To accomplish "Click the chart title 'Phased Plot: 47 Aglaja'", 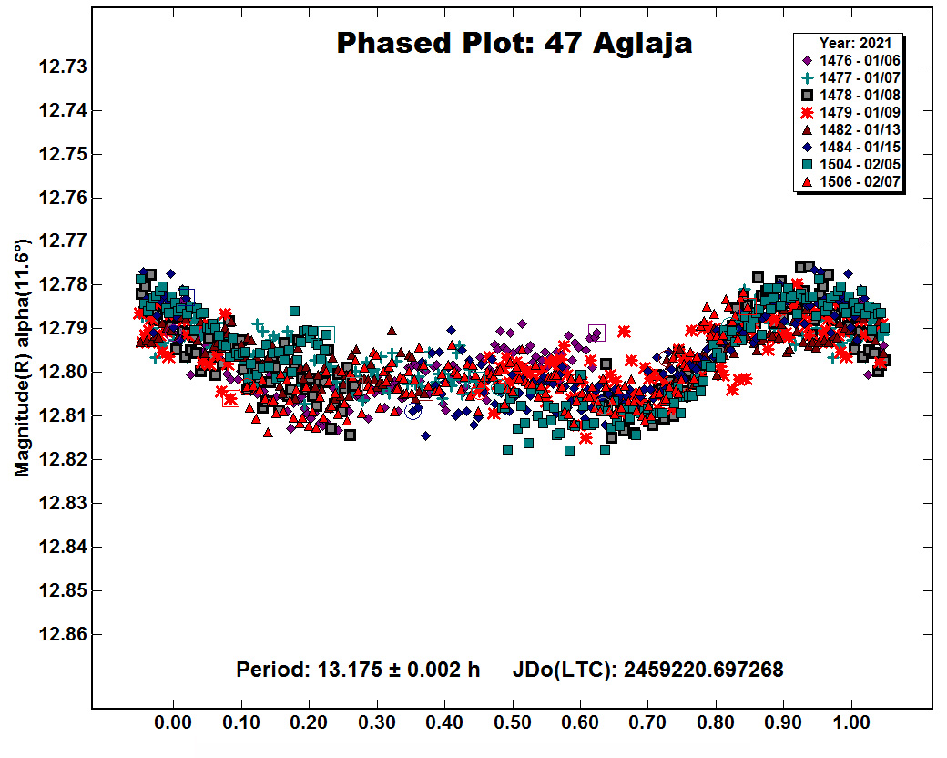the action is coord(514,44).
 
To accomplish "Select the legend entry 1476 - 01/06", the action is coord(850,60).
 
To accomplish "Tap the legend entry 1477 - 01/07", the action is coord(850,78).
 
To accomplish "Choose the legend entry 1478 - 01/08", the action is coord(850,95).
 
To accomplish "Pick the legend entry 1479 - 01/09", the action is coord(850,112).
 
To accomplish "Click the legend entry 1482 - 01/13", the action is coord(850,130).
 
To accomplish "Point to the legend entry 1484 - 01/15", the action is coord(850,147).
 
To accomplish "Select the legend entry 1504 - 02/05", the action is coord(850,164).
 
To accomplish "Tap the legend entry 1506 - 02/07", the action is coord(850,181).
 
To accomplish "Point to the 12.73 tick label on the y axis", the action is coord(63,67).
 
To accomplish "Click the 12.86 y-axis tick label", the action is coord(63,634).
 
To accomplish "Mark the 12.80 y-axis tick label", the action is coord(63,373).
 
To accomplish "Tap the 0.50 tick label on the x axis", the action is coord(512,722).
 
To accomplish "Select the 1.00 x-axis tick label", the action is coord(851,722).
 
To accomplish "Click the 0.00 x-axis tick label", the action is coord(173,722).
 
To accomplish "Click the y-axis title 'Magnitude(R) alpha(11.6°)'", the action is coord(22,358).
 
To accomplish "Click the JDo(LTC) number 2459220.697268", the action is coord(704,670).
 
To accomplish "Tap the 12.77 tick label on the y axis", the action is coord(63,241).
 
